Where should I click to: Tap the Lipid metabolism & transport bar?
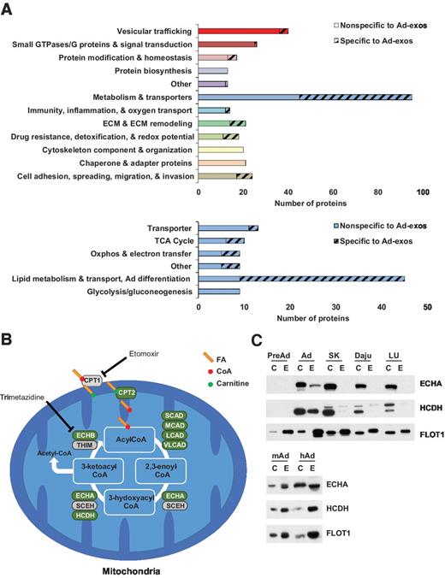click(300, 278)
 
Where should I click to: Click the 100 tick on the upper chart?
click(422, 192)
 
